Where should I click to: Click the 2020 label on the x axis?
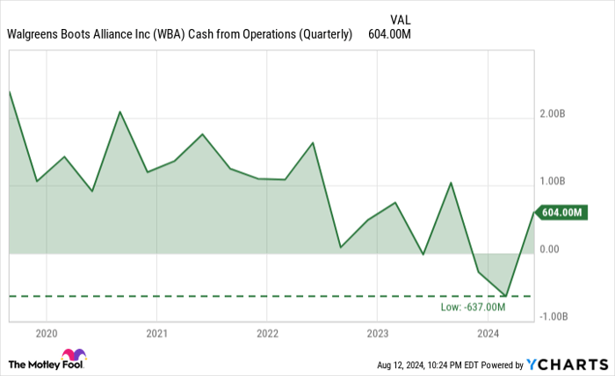[x=46, y=334]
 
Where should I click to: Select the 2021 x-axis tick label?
[x=156, y=334]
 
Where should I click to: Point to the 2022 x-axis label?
[x=267, y=334]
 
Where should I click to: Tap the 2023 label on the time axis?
[x=377, y=334]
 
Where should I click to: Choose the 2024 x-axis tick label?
[x=488, y=334]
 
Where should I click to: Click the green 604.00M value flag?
[x=563, y=213]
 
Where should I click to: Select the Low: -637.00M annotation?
[x=474, y=307]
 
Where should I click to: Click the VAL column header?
[x=399, y=18]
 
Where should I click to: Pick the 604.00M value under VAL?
[x=390, y=35]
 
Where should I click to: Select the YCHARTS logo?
[x=566, y=364]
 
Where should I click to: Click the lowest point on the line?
[x=506, y=296]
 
